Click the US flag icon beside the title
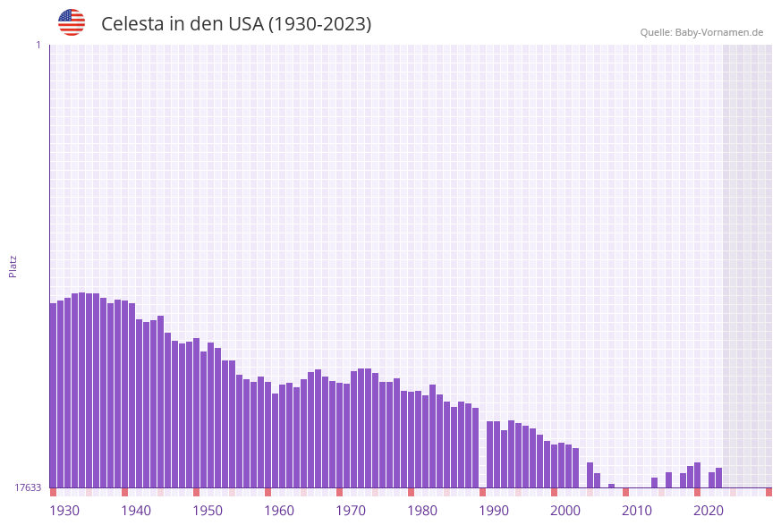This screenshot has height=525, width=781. pos(72,22)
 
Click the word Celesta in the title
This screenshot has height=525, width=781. pos(132,24)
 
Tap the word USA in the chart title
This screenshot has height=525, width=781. pos(245,24)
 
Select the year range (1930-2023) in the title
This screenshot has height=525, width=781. pos(319,24)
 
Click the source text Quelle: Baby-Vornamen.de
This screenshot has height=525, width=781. pos(701,32)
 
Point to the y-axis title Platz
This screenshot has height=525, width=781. pos(13,266)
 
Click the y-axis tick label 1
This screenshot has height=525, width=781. pos(38,45)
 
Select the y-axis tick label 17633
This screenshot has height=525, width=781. pos(28,487)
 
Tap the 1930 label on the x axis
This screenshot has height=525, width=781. pos(64,511)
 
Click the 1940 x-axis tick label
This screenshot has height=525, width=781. pos(136,511)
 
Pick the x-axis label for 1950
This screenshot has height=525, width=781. pos(208,511)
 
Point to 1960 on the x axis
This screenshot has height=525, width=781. pos(279,511)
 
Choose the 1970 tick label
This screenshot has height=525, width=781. pos(351,511)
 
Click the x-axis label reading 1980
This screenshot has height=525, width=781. pos(422,511)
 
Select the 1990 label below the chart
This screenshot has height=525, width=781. pos(494,511)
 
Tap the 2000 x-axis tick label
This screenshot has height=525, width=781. pos(565,511)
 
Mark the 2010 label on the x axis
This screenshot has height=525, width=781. pos(637,511)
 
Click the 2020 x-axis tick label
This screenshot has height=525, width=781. pos(709,511)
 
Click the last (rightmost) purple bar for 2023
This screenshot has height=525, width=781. pos(718,478)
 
